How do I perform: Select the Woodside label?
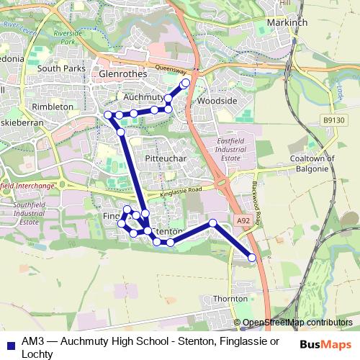pyautogui.click(x=217, y=102)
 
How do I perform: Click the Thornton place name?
pyautogui.click(x=230, y=298)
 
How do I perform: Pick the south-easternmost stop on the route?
pyautogui.click(x=252, y=258)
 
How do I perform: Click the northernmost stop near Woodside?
pyautogui.click(x=186, y=83)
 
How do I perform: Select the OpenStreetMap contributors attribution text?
pyautogui.click(x=297, y=323)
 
